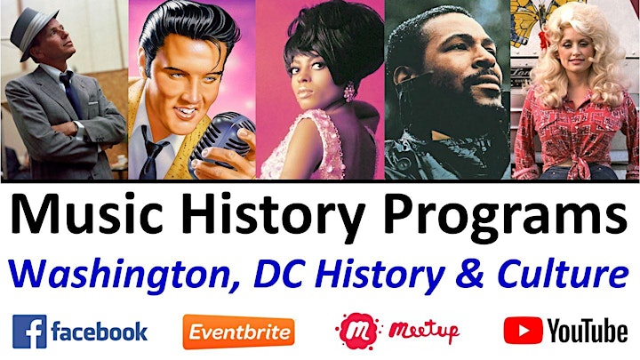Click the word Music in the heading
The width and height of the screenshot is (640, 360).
[x=87, y=215]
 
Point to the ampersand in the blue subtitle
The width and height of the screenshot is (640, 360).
[x=469, y=272]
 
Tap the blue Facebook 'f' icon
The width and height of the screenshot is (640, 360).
[x=29, y=332]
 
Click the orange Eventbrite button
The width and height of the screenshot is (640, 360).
[x=239, y=332]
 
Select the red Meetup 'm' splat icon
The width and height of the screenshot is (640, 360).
[x=356, y=331]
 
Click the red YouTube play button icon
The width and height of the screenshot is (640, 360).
[x=523, y=330]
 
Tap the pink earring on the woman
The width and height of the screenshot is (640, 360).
[x=349, y=92]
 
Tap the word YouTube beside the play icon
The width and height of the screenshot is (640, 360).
[x=587, y=331]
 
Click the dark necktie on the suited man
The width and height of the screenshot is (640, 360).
[x=71, y=93]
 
